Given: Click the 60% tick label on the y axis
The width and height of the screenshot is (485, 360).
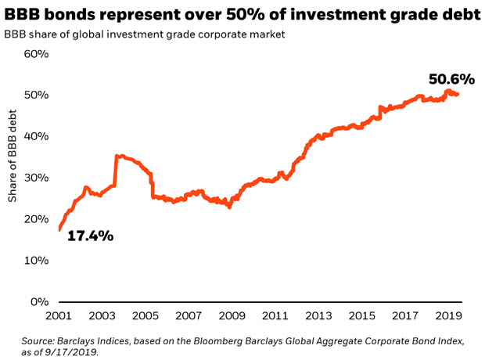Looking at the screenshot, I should [x=36, y=54].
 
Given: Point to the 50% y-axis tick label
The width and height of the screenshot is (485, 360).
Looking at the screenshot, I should [x=36, y=95].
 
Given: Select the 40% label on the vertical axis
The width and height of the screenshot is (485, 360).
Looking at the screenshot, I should [x=36, y=136].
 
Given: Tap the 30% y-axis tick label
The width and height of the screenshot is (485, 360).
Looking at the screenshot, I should [x=36, y=178].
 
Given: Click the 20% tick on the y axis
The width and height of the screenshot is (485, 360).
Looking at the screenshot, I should [x=36, y=219].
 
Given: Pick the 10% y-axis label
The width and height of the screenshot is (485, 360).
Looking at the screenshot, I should [x=36, y=261].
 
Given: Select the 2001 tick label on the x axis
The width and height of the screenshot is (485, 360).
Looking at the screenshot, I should [x=61, y=315].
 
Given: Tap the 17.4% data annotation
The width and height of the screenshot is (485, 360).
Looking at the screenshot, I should [x=90, y=235].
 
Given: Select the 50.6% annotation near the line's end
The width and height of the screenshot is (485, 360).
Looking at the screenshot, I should [x=451, y=79].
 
